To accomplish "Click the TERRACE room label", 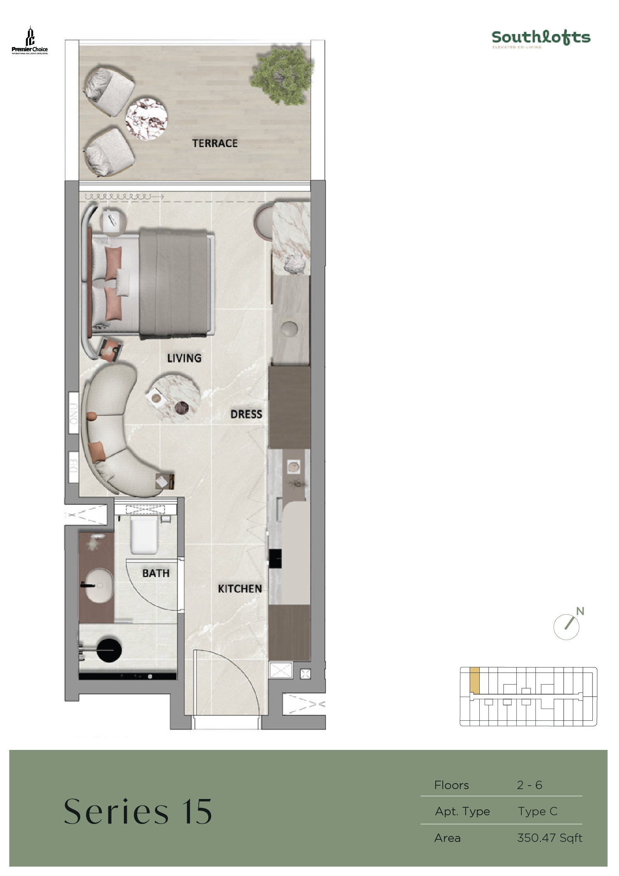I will (215, 143).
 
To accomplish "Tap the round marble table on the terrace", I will (146, 119).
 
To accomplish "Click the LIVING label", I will (184, 358).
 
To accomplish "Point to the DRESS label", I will (246, 414).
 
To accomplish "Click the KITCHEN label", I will (240, 588).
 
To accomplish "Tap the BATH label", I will (156, 573).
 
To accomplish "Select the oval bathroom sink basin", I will (99, 586).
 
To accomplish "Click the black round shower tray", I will (109, 650).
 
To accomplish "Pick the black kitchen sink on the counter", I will (275, 558).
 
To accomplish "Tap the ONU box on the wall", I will (74, 413).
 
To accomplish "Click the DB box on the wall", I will (74, 467).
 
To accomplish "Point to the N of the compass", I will (580, 611).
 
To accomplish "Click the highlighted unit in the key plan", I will (474, 680).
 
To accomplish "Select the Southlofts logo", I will (541, 38).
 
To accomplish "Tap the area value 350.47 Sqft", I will (549, 838).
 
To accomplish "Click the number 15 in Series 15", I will (197, 811).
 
